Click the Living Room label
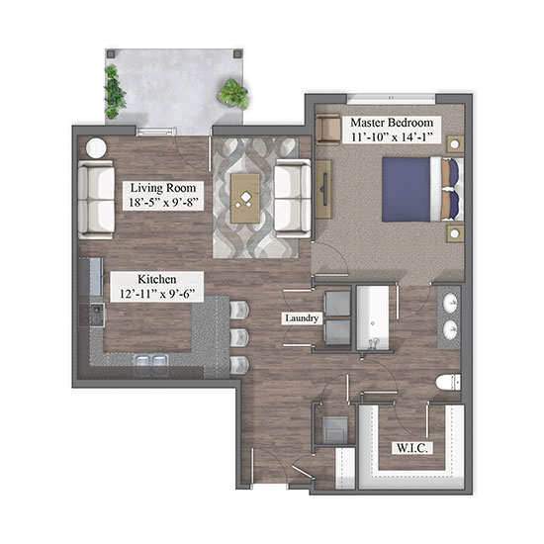163,188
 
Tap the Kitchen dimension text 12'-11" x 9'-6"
157,294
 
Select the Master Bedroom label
392,123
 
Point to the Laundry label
302,318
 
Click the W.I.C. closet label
412,448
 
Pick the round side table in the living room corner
96,148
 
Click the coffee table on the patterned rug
245,198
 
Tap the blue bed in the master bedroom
423,189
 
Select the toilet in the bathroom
448,383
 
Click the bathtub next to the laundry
373,317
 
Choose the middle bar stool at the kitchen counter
239,337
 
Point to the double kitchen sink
151,362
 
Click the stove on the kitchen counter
92,315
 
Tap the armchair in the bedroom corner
327,129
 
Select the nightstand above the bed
455,144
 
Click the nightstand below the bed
455,233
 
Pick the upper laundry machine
337,304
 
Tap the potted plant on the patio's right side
233,93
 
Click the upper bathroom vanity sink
451,303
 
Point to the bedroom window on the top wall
392,99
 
